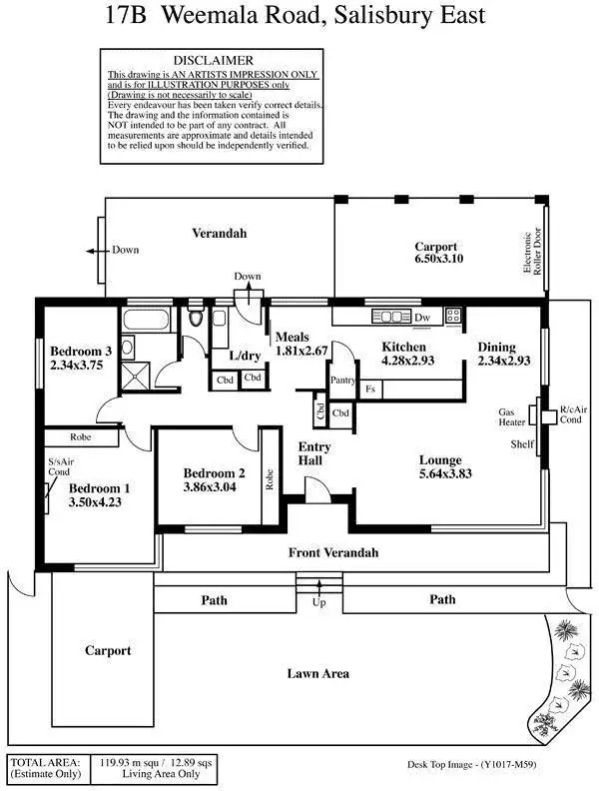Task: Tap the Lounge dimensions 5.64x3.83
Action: click(440, 475)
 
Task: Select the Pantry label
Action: click(343, 380)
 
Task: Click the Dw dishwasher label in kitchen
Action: click(422, 317)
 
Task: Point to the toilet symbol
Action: click(196, 320)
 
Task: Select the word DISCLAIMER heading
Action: click(214, 60)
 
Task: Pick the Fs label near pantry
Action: click(370, 389)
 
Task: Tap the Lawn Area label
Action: click(317, 674)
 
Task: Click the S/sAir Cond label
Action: click(59, 467)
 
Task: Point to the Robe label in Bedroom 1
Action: click(82, 437)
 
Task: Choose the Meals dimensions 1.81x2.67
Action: click(301, 352)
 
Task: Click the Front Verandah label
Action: click(333, 552)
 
